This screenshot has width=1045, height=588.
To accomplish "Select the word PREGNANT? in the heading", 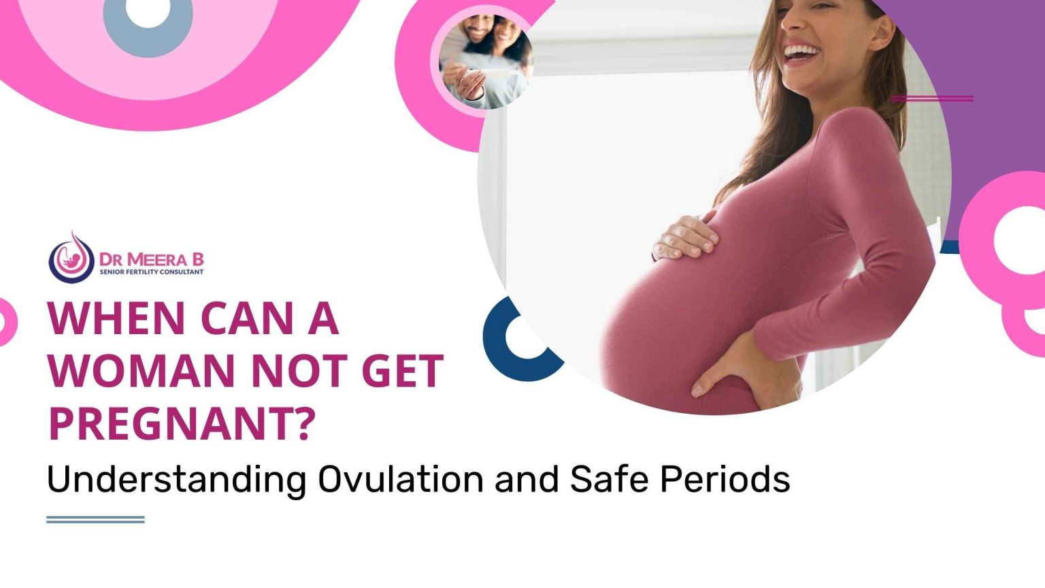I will tap(182, 423).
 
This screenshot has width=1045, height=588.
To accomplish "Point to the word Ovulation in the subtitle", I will tap(401, 479).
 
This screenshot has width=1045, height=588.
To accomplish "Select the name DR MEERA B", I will tap(151, 259).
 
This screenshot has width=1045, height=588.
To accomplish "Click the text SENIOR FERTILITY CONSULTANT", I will tap(151, 272).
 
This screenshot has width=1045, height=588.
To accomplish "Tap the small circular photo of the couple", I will tap(486, 61).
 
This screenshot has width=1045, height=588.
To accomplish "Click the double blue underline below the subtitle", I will tap(95, 519).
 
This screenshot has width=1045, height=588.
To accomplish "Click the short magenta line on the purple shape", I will tap(932, 99).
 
